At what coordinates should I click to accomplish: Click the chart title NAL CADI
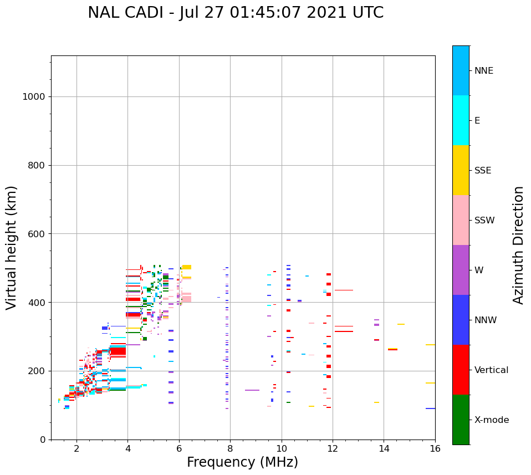[236, 13]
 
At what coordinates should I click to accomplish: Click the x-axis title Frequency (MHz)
[242, 462]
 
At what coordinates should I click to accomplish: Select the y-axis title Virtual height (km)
[12, 247]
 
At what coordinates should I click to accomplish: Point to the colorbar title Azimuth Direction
[518, 245]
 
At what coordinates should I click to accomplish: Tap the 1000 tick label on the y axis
[33, 97]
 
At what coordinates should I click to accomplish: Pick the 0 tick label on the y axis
[42, 440]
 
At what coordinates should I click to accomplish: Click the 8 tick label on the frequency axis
[230, 448]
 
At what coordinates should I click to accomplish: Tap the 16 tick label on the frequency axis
[435, 448]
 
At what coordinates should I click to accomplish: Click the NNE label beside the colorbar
[483, 71]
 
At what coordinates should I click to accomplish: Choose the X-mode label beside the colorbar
[491, 420]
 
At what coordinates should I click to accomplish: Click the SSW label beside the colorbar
[484, 221]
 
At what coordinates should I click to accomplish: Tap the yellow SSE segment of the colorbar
[461, 170]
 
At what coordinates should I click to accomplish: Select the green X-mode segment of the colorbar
[461, 420]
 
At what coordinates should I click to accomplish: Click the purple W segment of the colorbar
[461, 270]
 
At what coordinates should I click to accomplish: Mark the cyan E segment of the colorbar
[461, 120]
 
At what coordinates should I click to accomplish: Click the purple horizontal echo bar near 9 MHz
[252, 390]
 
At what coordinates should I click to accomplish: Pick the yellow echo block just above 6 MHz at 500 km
[187, 267]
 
